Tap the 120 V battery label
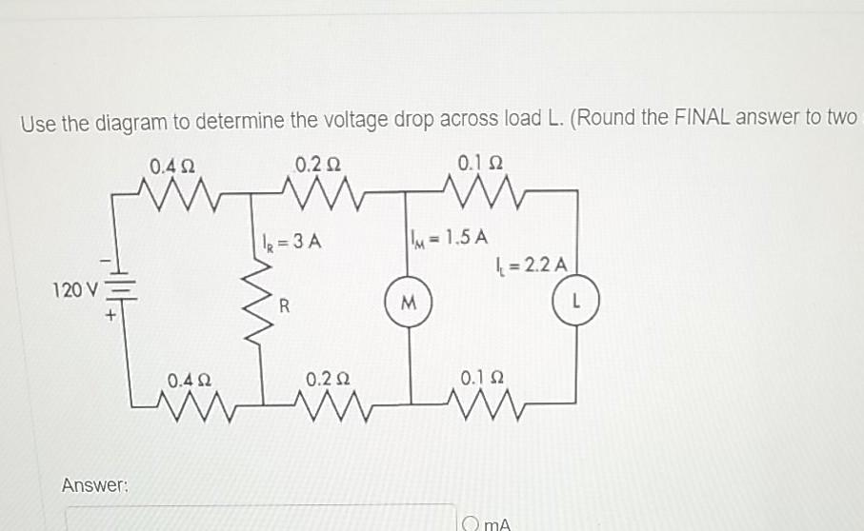click(x=75, y=288)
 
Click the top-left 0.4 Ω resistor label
click(x=172, y=167)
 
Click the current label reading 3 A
click(x=291, y=241)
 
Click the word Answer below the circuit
click(x=94, y=485)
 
